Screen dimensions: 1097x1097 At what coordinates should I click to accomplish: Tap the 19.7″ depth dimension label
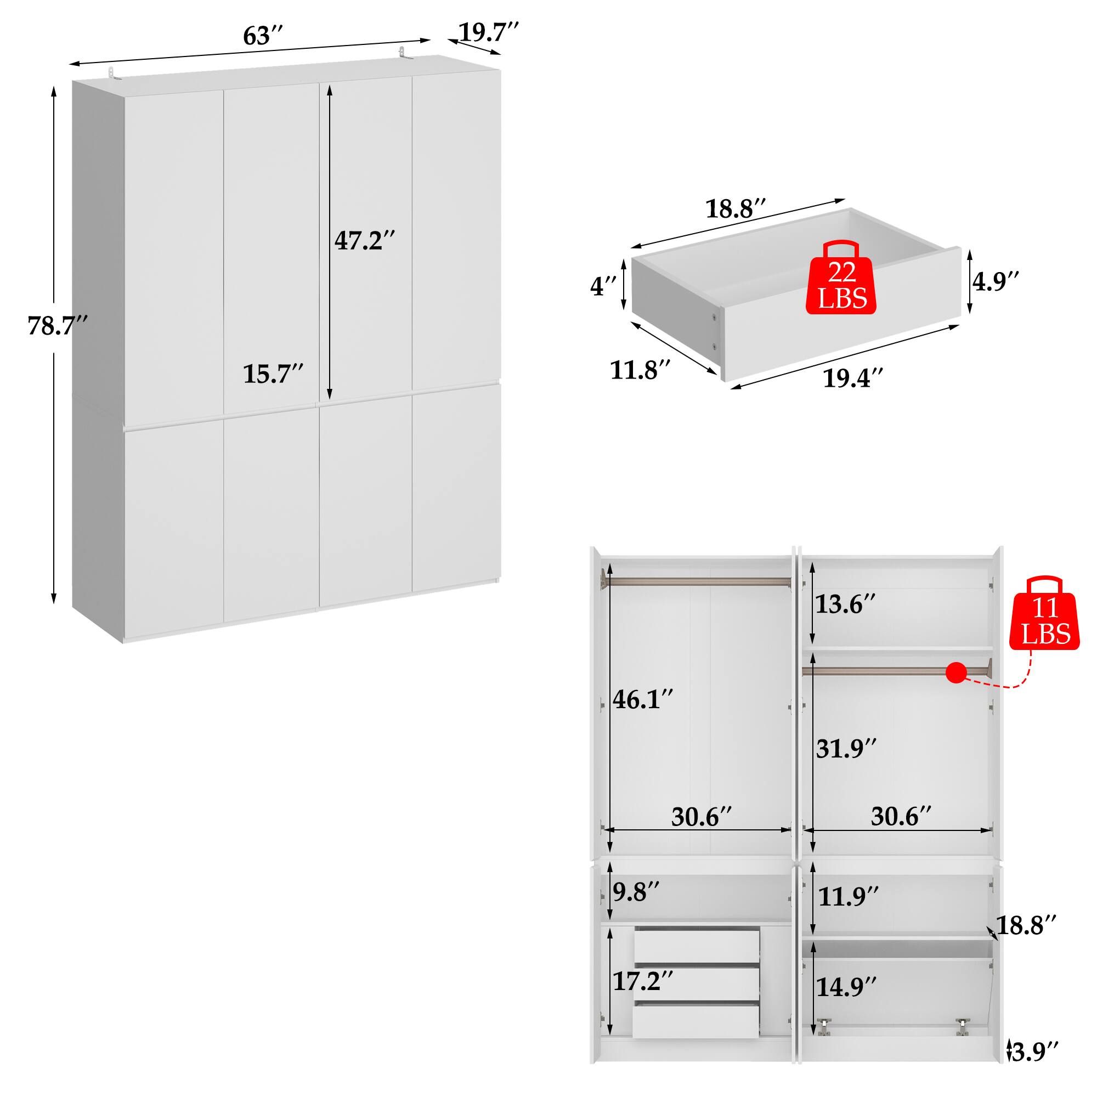pos(488,32)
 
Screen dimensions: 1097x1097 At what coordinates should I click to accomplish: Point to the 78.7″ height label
pos(58,326)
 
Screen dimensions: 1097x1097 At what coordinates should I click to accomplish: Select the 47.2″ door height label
pos(364,241)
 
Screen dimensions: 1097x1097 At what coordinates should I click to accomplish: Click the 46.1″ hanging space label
pos(643,699)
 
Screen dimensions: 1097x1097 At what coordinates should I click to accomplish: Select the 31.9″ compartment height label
pos(846,749)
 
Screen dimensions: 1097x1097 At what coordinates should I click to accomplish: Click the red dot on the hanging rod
pos(956,674)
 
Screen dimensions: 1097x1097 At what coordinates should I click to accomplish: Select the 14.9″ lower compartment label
pos(846,987)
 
